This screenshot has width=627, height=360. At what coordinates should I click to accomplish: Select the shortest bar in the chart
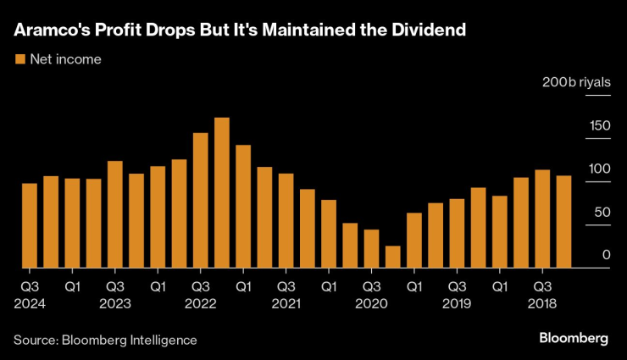[392, 258]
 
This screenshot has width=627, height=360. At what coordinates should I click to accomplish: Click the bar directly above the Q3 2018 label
[542, 219]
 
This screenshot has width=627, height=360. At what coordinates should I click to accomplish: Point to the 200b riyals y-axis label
[576, 83]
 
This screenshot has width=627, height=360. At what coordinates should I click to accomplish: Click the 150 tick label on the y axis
[600, 126]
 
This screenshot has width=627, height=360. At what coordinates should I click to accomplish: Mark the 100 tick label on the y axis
[600, 169]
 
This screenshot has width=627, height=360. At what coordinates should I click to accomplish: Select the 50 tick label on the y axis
[602, 213]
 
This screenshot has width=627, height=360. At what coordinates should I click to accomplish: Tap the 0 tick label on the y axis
[606, 255]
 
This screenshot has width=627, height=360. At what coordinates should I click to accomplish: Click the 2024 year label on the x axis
[29, 302]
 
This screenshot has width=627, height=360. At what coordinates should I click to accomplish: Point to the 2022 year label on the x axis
[201, 302]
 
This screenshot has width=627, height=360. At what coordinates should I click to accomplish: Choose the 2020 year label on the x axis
[371, 302]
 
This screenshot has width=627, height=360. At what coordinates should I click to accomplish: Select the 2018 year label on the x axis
[542, 302]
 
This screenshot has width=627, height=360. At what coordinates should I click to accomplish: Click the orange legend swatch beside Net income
[19, 59]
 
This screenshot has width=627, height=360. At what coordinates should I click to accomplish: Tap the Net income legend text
[65, 59]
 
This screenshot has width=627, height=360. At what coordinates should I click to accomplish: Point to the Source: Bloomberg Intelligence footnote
[105, 340]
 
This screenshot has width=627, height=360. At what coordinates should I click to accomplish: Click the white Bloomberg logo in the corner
[574, 339]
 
